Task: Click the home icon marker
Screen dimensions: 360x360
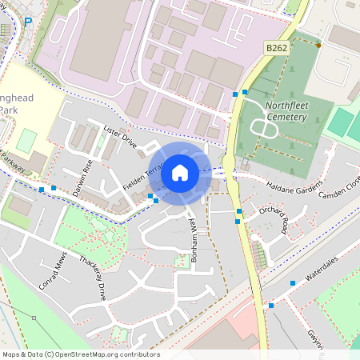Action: [180, 173]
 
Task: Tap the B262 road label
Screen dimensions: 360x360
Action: [277, 48]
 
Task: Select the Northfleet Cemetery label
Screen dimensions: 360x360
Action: [277, 111]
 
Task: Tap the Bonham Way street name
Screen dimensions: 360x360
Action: [190, 237]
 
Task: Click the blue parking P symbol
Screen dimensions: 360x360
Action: [28, 22]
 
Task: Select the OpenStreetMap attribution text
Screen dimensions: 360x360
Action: [80, 354]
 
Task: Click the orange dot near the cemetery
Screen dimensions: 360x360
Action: [318, 46]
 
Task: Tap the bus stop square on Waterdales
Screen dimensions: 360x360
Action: [293, 283]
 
